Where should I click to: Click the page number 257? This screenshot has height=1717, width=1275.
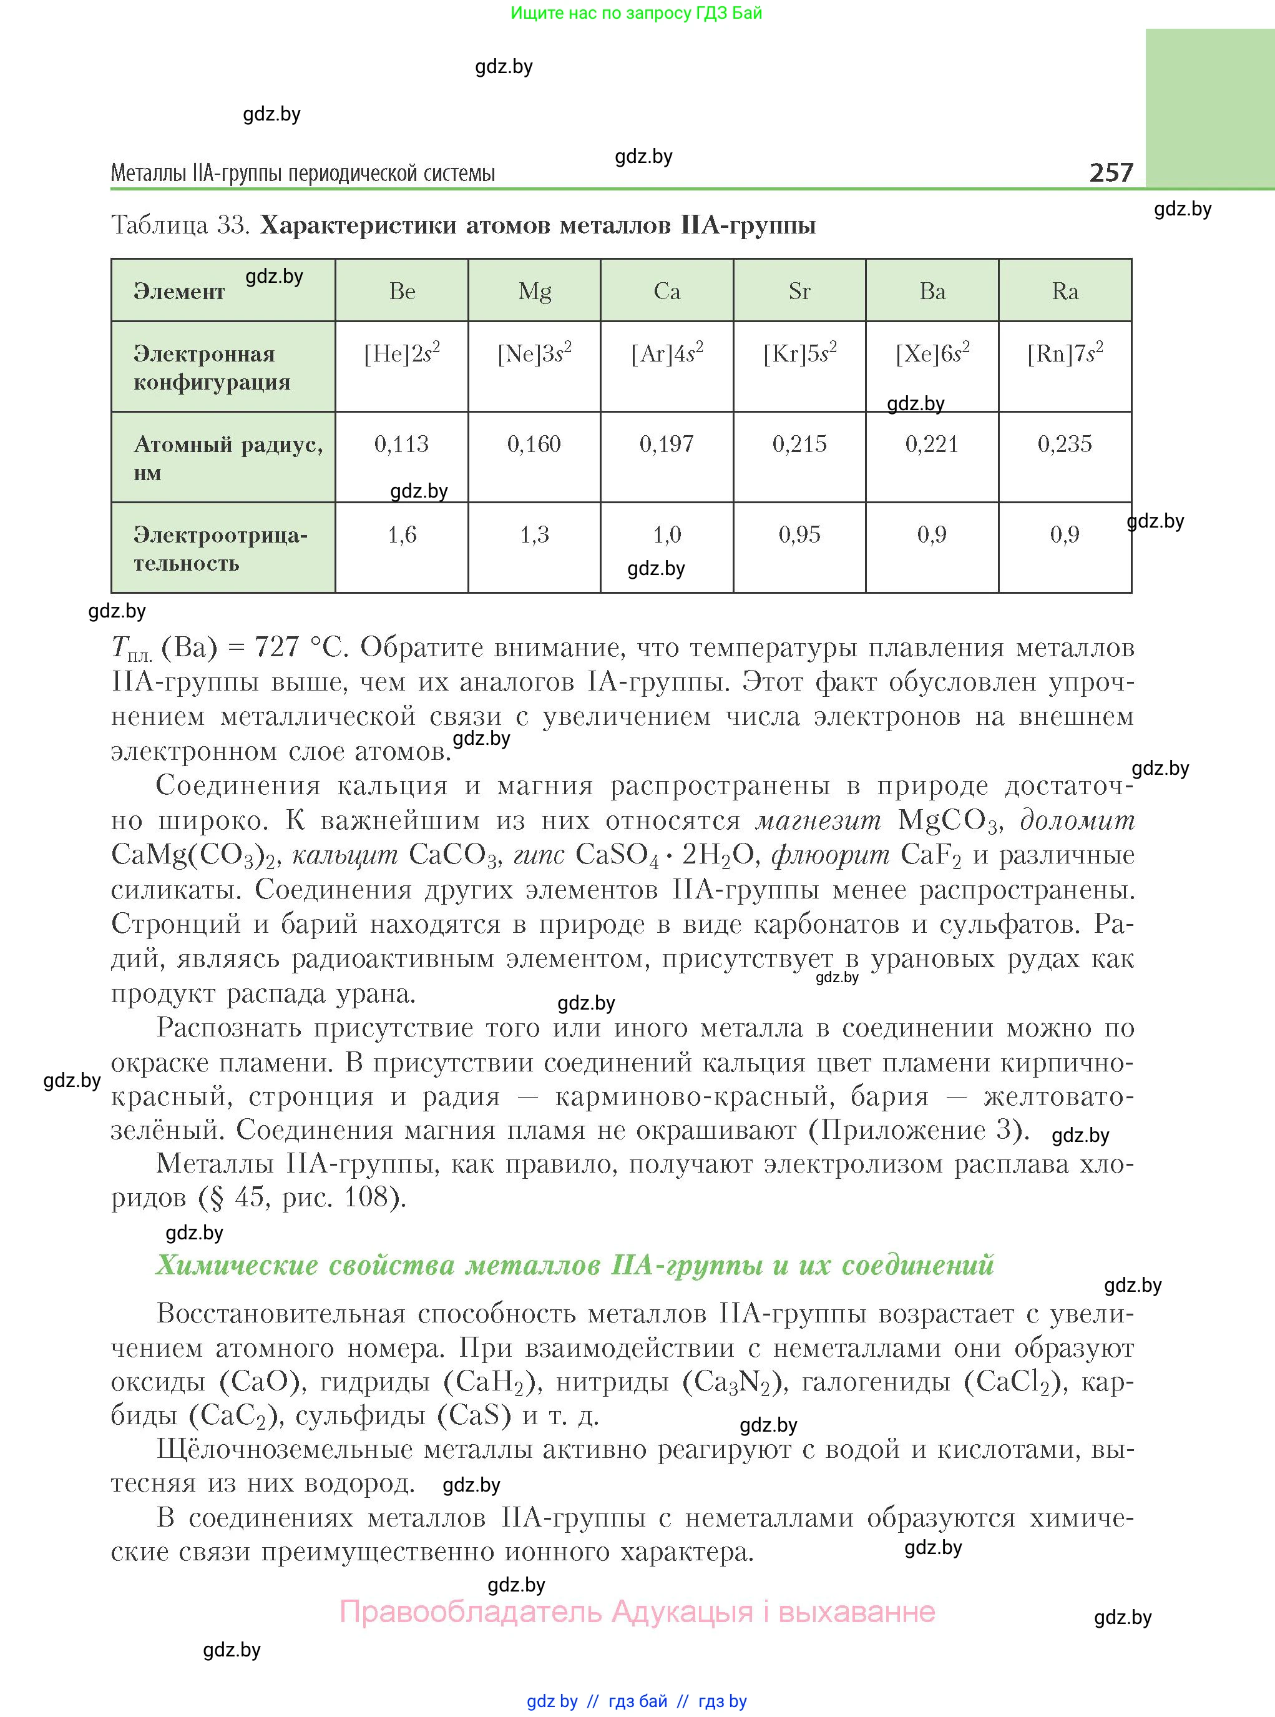pyautogui.click(x=1111, y=172)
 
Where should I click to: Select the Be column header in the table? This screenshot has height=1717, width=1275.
pyautogui.click(x=402, y=291)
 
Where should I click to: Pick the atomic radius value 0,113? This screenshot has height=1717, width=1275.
pyautogui.click(x=401, y=444)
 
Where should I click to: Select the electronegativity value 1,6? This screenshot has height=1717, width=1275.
pyautogui.click(x=401, y=534)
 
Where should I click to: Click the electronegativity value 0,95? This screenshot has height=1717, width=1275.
pyautogui.click(x=799, y=534)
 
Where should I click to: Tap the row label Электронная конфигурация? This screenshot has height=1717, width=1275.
pyautogui.click(x=212, y=368)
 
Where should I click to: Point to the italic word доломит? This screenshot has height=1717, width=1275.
pyautogui.click(x=1077, y=820)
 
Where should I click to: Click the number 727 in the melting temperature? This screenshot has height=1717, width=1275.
pyautogui.click(x=276, y=647)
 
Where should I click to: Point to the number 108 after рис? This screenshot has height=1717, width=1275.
pyautogui.click(x=366, y=1198)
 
